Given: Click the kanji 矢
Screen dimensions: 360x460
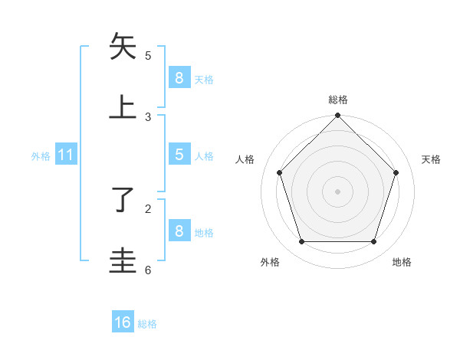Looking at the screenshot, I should coord(123,47).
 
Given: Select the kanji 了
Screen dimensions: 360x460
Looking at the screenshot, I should coord(123,200).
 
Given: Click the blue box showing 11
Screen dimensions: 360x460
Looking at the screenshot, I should coord(66,155).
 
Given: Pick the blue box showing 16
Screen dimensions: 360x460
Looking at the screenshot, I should coord(123,322).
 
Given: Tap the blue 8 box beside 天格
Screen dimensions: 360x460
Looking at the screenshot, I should coord(179,77).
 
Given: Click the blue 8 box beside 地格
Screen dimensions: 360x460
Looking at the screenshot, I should coord(179,231).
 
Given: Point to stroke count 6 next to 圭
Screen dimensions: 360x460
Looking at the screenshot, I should coord(148,270).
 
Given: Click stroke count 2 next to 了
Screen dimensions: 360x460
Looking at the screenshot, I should coord(148,208).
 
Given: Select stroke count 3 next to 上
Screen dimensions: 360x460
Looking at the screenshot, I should coord(148,116).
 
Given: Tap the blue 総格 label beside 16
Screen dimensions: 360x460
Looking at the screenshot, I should coord(147,324).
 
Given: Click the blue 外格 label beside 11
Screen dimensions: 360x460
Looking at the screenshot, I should coord(41,156).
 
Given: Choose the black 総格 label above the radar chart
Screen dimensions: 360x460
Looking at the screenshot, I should coord(337,100).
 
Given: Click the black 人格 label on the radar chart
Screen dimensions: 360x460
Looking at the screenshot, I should coord(245,159).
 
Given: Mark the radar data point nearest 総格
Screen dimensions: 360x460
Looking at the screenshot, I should coord(337,116).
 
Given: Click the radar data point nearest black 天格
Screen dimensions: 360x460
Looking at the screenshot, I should coord(396,172).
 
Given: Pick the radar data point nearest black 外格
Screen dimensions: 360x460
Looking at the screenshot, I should coord(301,242).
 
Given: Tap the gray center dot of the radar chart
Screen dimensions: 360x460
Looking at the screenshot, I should coord(337,191).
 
